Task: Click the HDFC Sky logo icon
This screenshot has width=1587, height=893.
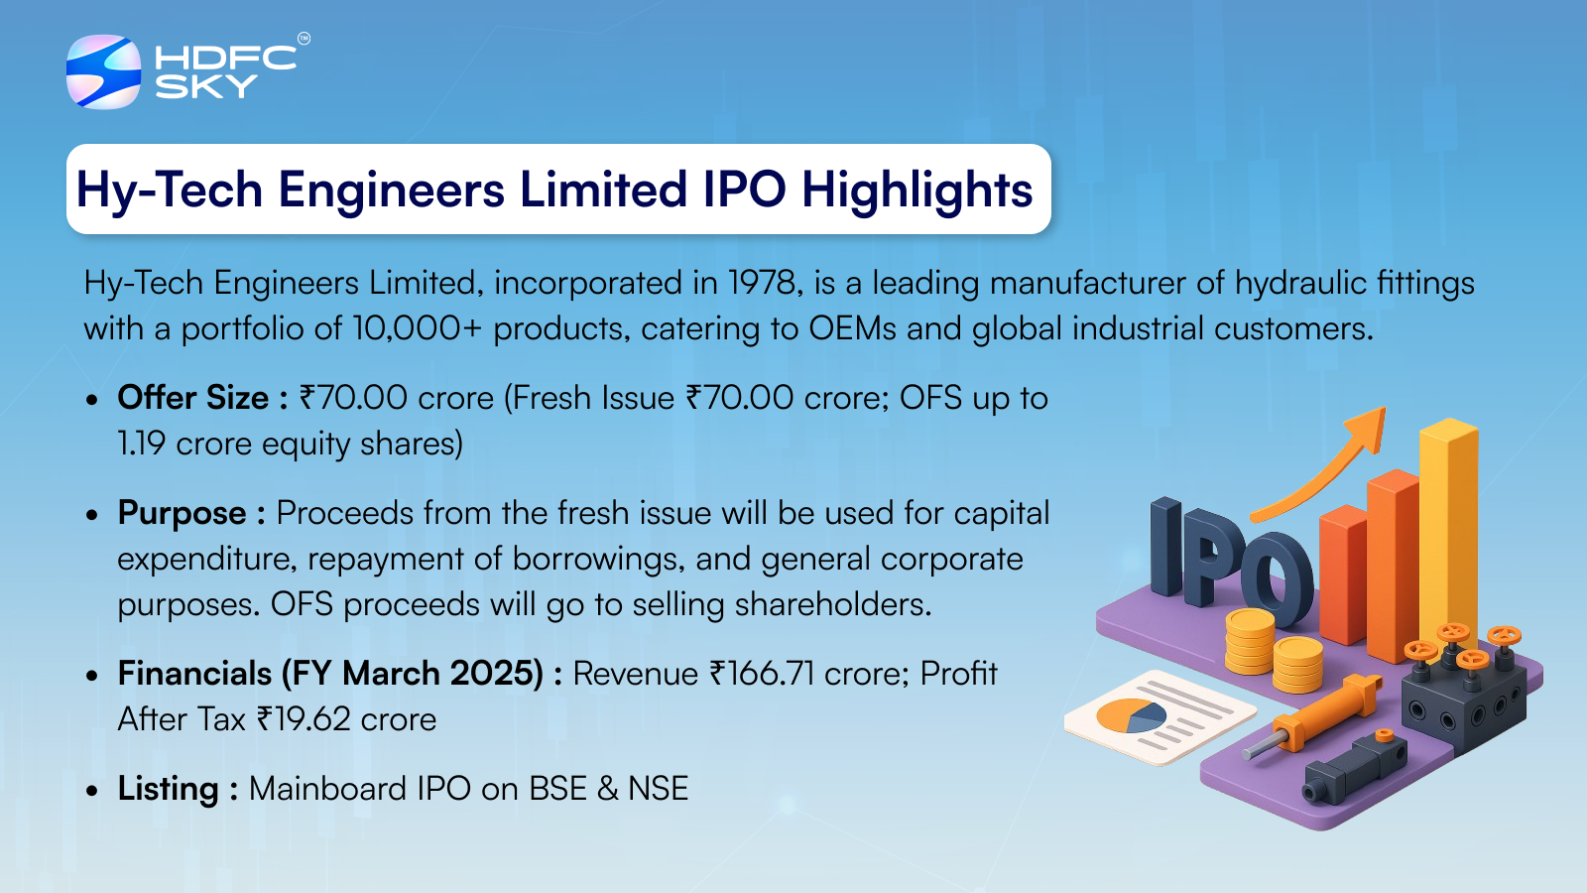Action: tap(103, 71)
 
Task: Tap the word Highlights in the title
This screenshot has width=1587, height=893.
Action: tap(916, 190)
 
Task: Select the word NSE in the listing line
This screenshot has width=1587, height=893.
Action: tap(659, 789)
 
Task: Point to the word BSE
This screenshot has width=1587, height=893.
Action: tap(558, 789)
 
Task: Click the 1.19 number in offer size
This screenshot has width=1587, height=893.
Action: tap(142, 445)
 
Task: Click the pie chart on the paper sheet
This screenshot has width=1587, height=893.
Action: tap(1131, 715)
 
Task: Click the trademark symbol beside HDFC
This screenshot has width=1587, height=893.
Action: tap(304, 39)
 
